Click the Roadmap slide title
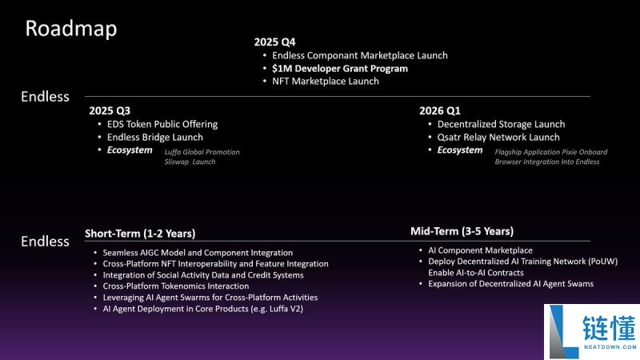(x=71, y=29)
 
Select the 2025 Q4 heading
(x=274, y=42)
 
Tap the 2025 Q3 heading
(x=109, y=110)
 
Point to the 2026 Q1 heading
(x=440, y=110)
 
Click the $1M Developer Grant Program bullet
(x=339, y=69)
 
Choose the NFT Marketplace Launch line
(x=325, y=82)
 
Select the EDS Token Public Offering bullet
(x=162, y=124)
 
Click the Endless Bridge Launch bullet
(x=155, y=138)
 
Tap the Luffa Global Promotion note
(x=202, y=152)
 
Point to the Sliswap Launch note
(x=190, y=162)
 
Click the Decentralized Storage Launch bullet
(x=501, y=124)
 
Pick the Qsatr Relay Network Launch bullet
(x=498, y=138)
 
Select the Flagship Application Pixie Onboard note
(x=550, y=152)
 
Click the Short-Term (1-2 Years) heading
(x=140, y=234)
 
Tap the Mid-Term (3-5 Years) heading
(x=462, y=231)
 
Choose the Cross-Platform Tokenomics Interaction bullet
(x=176, y=286)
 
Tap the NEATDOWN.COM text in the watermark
(x=610, y=347)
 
